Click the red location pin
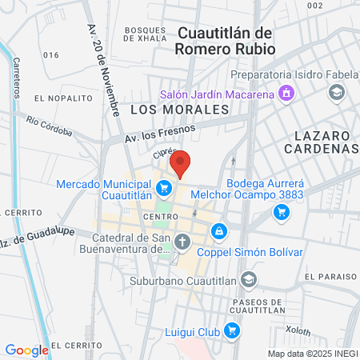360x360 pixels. [x=180, y=162]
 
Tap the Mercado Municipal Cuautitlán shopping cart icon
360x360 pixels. [x=164, y=189]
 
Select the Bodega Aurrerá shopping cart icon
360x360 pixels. [x=281, y=212]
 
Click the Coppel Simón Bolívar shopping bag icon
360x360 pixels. [x=219, y=231]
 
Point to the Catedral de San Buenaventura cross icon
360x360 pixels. [x=182, y=242]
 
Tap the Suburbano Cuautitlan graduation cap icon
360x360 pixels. [x=249, y=279]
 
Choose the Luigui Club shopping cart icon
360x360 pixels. [x=232, y=330]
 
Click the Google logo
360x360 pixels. [x=26, y=350]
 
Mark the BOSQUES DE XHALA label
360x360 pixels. [x=146, y=33]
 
